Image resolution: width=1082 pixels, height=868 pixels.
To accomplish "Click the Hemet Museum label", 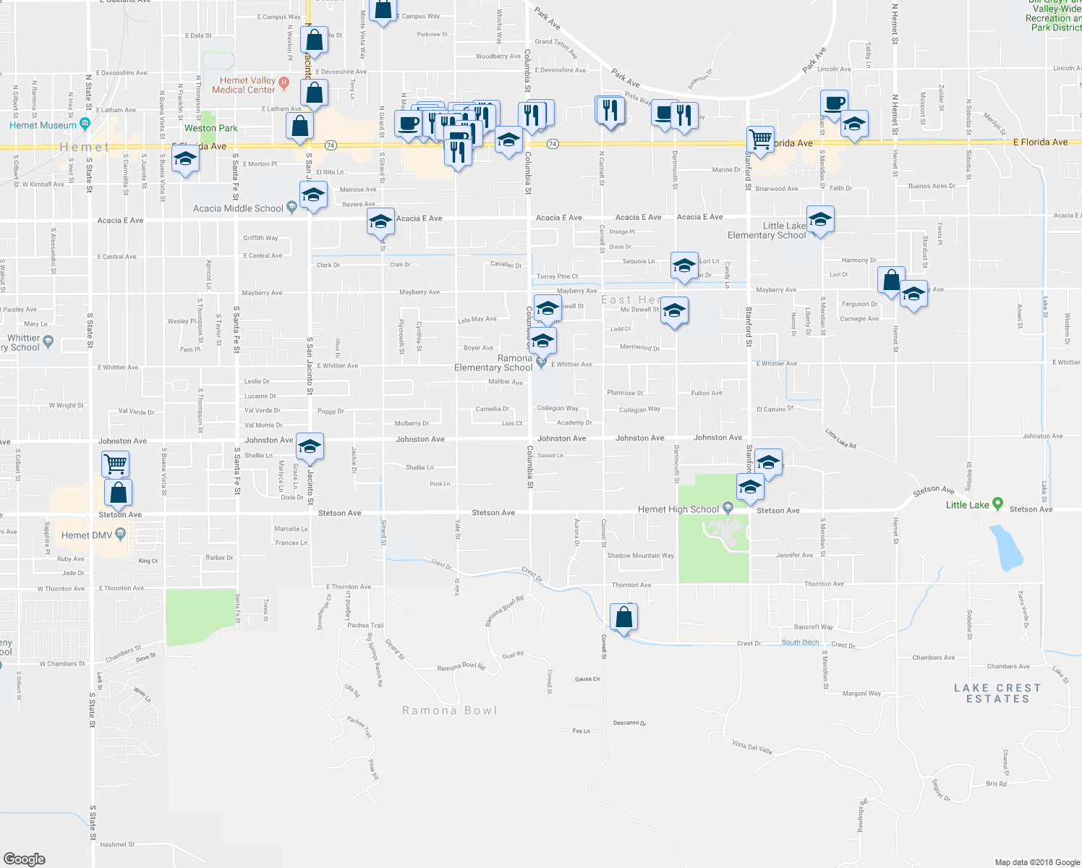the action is (x=43, y=125).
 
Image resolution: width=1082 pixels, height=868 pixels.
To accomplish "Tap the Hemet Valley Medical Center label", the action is (x=244, y=85).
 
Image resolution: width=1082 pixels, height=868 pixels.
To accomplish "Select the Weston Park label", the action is (x=210, y=128).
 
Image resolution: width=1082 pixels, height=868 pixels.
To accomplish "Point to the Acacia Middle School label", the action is (x=238, y=208).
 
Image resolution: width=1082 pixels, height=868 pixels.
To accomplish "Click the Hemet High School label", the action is (x=678, y=509).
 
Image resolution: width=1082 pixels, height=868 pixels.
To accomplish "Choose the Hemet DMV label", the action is (x=86, y=535).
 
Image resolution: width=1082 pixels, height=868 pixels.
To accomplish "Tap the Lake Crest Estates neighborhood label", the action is (x=997, y=693).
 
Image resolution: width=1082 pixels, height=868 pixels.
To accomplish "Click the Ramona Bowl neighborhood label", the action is (x=449, y=710).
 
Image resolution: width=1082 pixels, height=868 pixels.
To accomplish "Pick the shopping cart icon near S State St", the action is (x=116, y=463).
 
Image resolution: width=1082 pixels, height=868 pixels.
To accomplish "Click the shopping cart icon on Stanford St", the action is (x=760, y=138).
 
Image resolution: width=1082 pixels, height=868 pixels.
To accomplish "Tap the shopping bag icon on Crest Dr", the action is (x=623, y=617).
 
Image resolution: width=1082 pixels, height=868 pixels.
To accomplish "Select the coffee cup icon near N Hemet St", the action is (x=833, y=103).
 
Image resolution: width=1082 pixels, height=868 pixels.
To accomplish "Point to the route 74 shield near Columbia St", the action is (x=553, y=144).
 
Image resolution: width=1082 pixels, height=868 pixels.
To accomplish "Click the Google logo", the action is (x=25, y=859).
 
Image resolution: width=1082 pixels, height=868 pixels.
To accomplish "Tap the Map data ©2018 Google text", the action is (x=1036, y=861).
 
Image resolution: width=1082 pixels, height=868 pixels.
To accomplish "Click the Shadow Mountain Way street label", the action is (x=640, y=556).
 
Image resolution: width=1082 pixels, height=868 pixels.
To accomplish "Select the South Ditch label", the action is (x=800, y=642).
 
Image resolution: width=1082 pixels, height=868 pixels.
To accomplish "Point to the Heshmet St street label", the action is (x=117, y=844).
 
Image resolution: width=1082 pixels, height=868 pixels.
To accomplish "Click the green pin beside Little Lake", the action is (x=998, y=503).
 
